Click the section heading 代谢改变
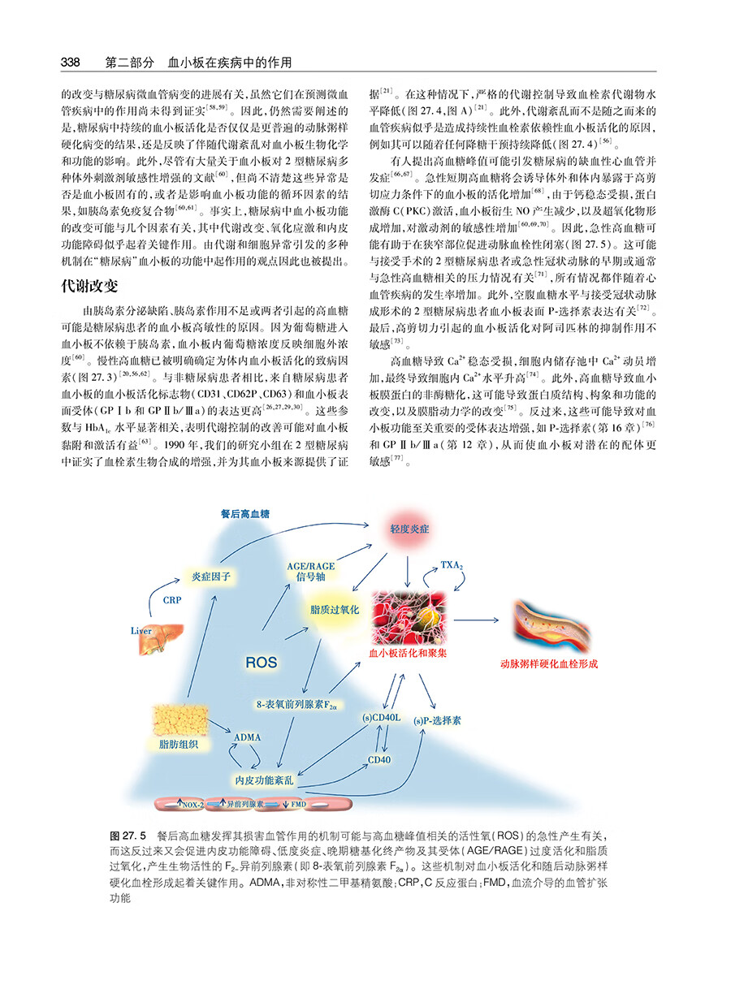click(90, 287)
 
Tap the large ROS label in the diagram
click(262, 663)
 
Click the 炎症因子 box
click(211, 577)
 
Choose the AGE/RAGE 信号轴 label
click(311, 571)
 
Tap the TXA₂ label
click(452, 564)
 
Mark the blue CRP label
click(172, 601)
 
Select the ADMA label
click(247, 737)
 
